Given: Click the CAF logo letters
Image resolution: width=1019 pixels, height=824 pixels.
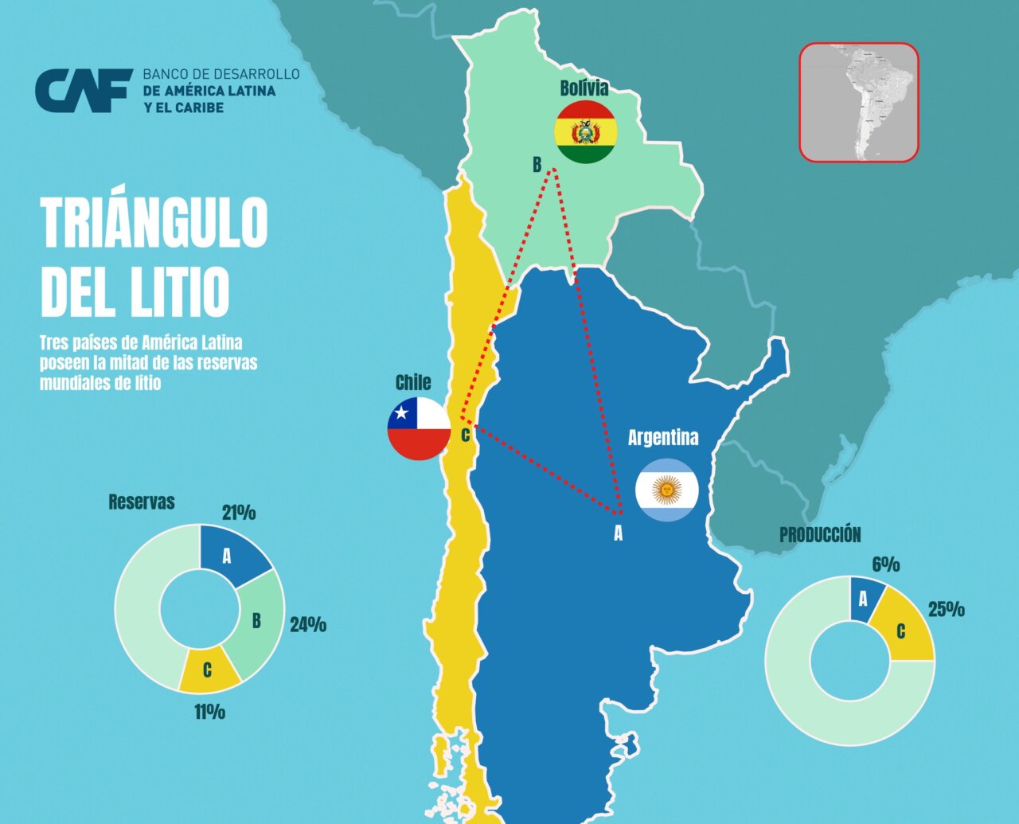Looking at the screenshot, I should tap(83, 91).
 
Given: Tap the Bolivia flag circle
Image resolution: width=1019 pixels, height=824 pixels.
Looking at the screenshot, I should tap(585, 132).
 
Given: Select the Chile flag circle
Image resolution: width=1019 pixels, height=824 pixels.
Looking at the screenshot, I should tap(420, 428).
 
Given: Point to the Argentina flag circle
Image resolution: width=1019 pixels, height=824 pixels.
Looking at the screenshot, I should tap(667, 490).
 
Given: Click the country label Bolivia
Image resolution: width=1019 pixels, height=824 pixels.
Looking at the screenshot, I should tap(584, 88).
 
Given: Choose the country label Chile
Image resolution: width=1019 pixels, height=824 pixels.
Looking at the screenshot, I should tap(413, 383).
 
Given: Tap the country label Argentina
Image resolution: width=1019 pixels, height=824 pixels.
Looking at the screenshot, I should tap(663, 437).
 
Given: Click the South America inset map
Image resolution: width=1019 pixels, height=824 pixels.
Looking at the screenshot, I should tap(859, 103).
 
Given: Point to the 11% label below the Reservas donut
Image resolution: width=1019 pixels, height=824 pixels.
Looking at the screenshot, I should tap(209, 712).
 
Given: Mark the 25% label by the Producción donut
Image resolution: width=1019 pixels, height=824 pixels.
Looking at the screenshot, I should tap(947, 610).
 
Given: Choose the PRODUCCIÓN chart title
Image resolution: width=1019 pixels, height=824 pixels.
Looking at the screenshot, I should tap(820, 535).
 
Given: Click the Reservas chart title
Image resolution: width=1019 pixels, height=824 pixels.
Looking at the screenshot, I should tap(141, 502).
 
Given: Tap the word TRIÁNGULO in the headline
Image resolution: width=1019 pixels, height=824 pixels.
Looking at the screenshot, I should tap(154, 222).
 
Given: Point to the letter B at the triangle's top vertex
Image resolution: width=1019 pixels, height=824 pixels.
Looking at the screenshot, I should tap(537, 165).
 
